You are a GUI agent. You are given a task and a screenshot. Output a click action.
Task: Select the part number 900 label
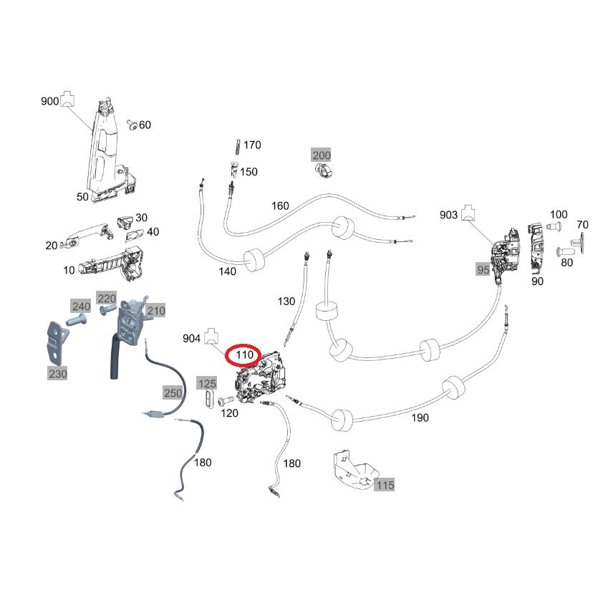pyautogui.click(x=49, y=102)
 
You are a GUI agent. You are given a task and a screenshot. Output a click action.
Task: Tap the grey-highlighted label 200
pyautogui.click(x=321, y=155)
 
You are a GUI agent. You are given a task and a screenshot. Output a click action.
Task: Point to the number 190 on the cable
pyautogui.click(x=420, y=418)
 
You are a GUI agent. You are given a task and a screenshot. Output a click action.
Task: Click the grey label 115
pyautogui.click(x=385, y=485)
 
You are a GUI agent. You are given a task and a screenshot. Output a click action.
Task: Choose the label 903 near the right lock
pyautogui.click(x=448, y=215)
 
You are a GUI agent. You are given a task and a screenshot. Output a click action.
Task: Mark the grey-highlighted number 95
pyautogui.click(x=483, y=269)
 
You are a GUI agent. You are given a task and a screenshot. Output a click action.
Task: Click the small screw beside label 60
pyautogui.click(x=132, y=126)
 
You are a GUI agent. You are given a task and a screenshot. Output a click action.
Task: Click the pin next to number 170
pyautogui.click(x=236, y=145)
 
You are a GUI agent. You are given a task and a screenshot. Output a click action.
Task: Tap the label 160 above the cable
pyautogui.click(x=280, y=206)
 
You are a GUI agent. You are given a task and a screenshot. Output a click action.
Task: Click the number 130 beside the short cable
pyautogui.click(x=286, y=302)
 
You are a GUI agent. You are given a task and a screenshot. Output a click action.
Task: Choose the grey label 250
pyautogui.click(x=173, y=392)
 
